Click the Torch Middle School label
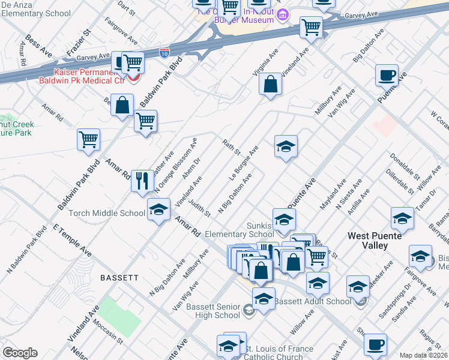[107, 213]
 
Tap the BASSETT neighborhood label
[119, 278]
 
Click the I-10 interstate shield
[165, 53]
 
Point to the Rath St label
[231, 147]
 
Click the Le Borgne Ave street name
[244, 163]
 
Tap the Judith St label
[199, 205]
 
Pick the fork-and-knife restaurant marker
[142, 180]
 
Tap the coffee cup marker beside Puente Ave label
[387, 75]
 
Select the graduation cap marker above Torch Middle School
[158, 210]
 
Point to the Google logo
[20, 353]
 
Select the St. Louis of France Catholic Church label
[282, 353]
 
